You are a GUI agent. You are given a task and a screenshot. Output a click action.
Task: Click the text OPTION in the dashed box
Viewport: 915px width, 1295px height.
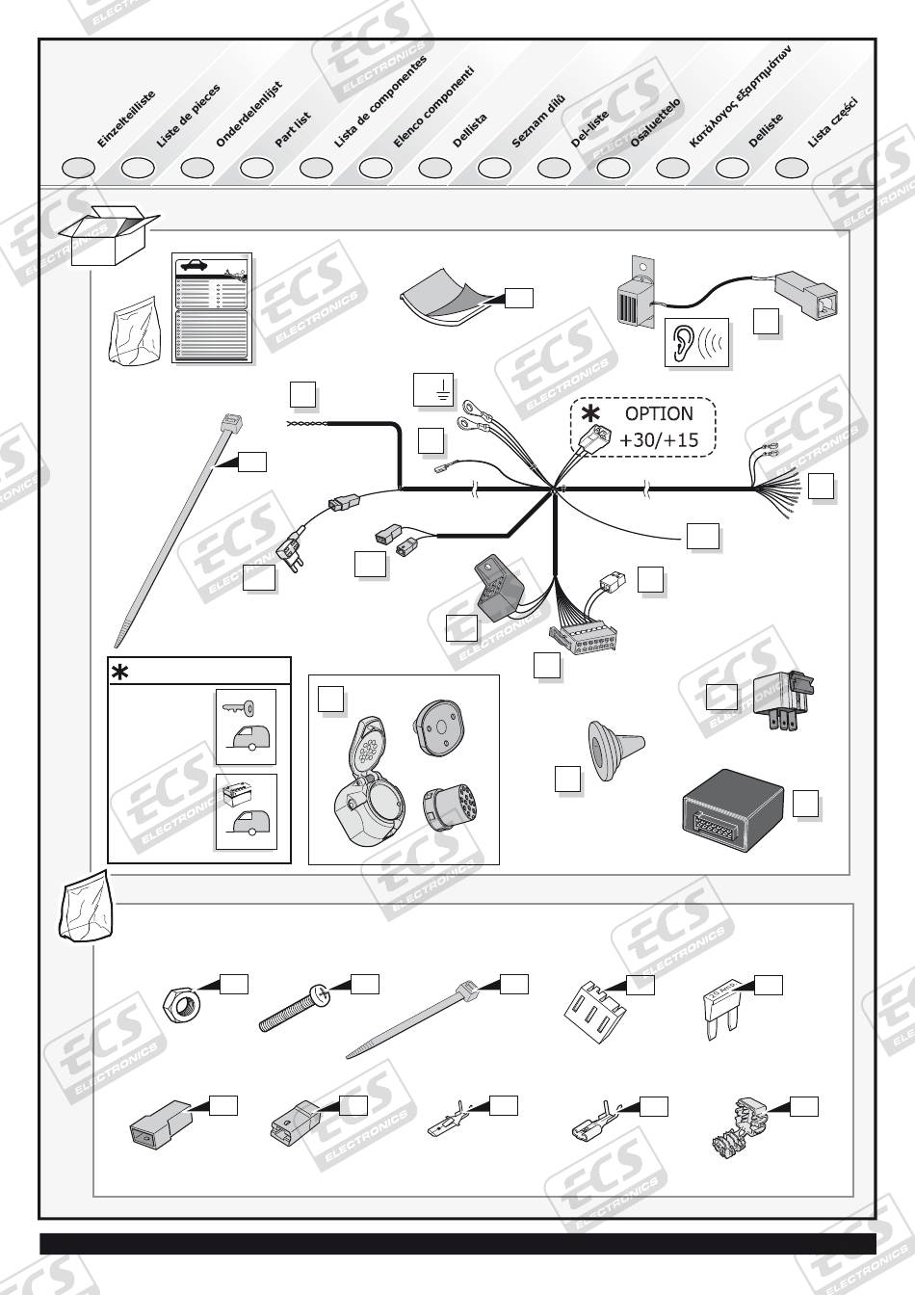coord(659,413)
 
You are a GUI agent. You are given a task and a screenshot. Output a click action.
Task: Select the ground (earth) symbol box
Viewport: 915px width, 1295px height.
coord(432,389)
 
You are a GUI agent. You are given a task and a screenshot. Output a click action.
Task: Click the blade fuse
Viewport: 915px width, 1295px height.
coord(721,1008)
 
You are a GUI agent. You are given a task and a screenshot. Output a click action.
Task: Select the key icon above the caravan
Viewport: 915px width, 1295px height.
coord(237,708)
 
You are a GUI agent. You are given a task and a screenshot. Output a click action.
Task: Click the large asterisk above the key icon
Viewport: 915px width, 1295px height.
coord(120,673)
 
